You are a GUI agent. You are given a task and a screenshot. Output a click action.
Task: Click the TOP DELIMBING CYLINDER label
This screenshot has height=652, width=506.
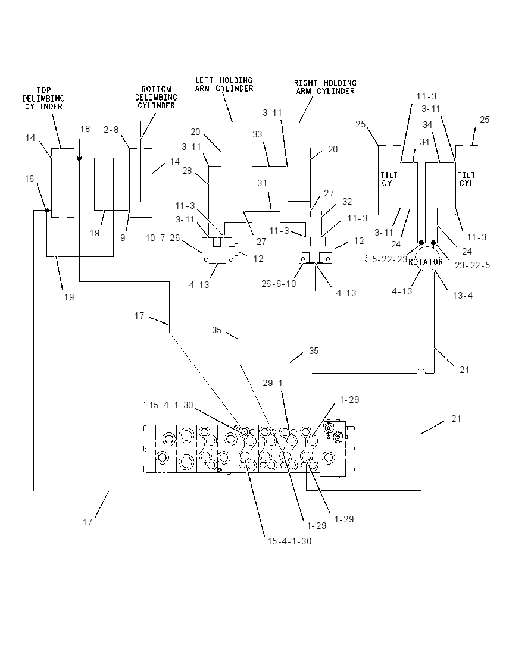coord(43,99)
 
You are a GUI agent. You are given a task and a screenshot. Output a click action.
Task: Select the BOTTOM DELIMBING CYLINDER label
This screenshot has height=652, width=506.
coord(156,98)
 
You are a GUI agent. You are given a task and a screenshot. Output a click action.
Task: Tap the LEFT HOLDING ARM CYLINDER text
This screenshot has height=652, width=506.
coord(224,84)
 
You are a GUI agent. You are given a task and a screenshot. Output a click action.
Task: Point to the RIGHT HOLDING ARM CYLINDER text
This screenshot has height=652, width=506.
coord(325,87)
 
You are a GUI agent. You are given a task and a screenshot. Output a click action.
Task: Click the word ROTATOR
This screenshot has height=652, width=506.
coord(426,262)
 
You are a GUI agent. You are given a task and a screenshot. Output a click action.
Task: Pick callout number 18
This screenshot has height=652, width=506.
coord(85,129)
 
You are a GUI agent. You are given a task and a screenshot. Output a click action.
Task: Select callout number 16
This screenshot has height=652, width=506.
coord(30,179)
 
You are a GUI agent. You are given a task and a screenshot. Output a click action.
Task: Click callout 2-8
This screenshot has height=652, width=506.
coord(111,130)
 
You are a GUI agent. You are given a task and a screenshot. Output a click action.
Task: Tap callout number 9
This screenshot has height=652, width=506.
coord(123,239)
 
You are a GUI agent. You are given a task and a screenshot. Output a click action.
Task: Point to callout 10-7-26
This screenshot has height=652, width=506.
coord(163,238)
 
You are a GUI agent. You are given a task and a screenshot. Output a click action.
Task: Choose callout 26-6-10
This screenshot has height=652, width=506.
coord(279,284)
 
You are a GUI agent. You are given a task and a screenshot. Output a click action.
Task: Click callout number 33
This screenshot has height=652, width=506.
coord(257,134)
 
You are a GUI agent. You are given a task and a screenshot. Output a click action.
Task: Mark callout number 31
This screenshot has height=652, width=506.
coord(262,183)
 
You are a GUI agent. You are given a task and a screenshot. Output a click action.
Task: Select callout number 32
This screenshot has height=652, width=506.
coord(347,201)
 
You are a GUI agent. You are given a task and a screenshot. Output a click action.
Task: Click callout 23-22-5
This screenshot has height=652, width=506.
coord(472,265)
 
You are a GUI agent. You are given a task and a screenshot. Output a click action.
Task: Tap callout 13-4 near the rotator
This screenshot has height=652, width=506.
coord(463,295)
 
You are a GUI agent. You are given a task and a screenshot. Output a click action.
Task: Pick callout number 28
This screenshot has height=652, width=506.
coord(188,171)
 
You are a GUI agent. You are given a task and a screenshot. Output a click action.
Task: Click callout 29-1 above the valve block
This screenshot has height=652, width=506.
coord(273,383)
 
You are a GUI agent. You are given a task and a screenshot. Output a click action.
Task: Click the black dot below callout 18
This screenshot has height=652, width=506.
coord(80,158)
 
